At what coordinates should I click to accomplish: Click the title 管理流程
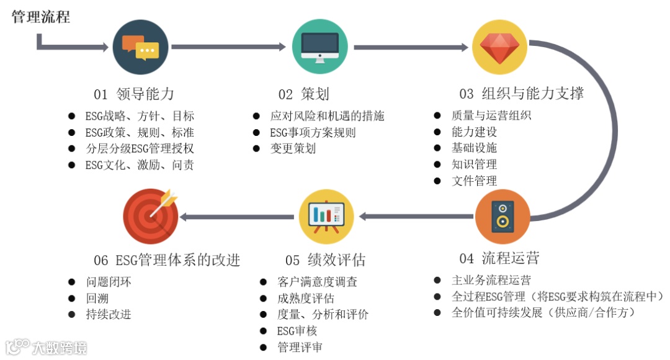coord(41,16)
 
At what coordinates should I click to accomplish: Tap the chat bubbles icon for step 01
coord(140,47)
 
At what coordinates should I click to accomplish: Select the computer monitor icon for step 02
coord(319,47)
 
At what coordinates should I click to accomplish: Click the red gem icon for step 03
coord(499,47)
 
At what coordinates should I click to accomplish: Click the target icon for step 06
coord(151,216)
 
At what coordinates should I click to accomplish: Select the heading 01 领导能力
coord(134,94)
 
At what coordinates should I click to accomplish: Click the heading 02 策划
coord(303,94)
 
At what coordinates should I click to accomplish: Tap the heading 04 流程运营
coord(499,258)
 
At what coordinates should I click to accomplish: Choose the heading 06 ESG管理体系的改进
coord(167,259)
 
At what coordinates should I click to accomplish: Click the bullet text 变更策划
coord(293,148)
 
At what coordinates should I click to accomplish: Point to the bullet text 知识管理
coord(474,164)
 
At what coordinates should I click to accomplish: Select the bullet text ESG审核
coord(293,331)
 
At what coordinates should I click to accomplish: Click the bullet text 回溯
coord(97,299)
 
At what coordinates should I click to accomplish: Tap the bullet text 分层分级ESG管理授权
coord(140,148)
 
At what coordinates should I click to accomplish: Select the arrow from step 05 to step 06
coord(236,217)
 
